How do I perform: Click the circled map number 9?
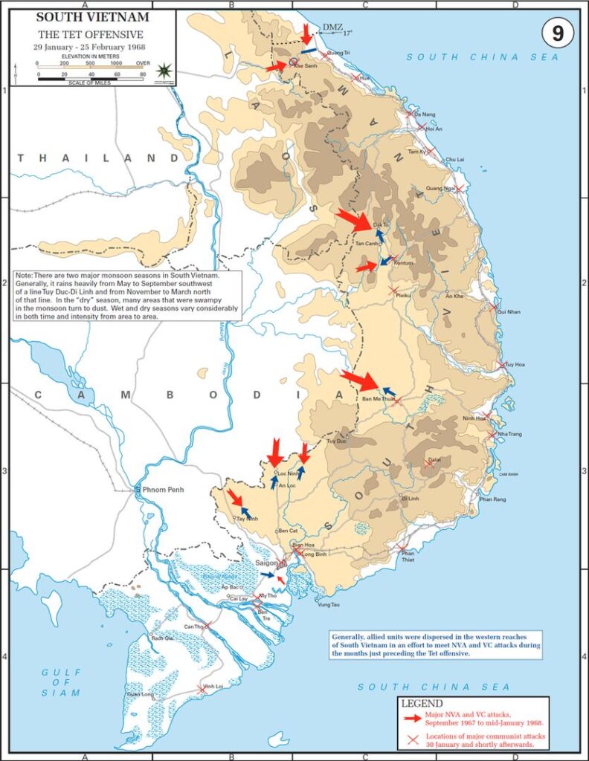(557, 33)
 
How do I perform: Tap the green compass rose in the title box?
(164, 71)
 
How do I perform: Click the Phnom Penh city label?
(160, 490)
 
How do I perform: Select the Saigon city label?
(265, 563)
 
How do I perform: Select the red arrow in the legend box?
(411, 718)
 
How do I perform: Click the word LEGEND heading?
(422, 703)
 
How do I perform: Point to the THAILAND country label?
(88, 158)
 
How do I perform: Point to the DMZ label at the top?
(332, 28)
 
